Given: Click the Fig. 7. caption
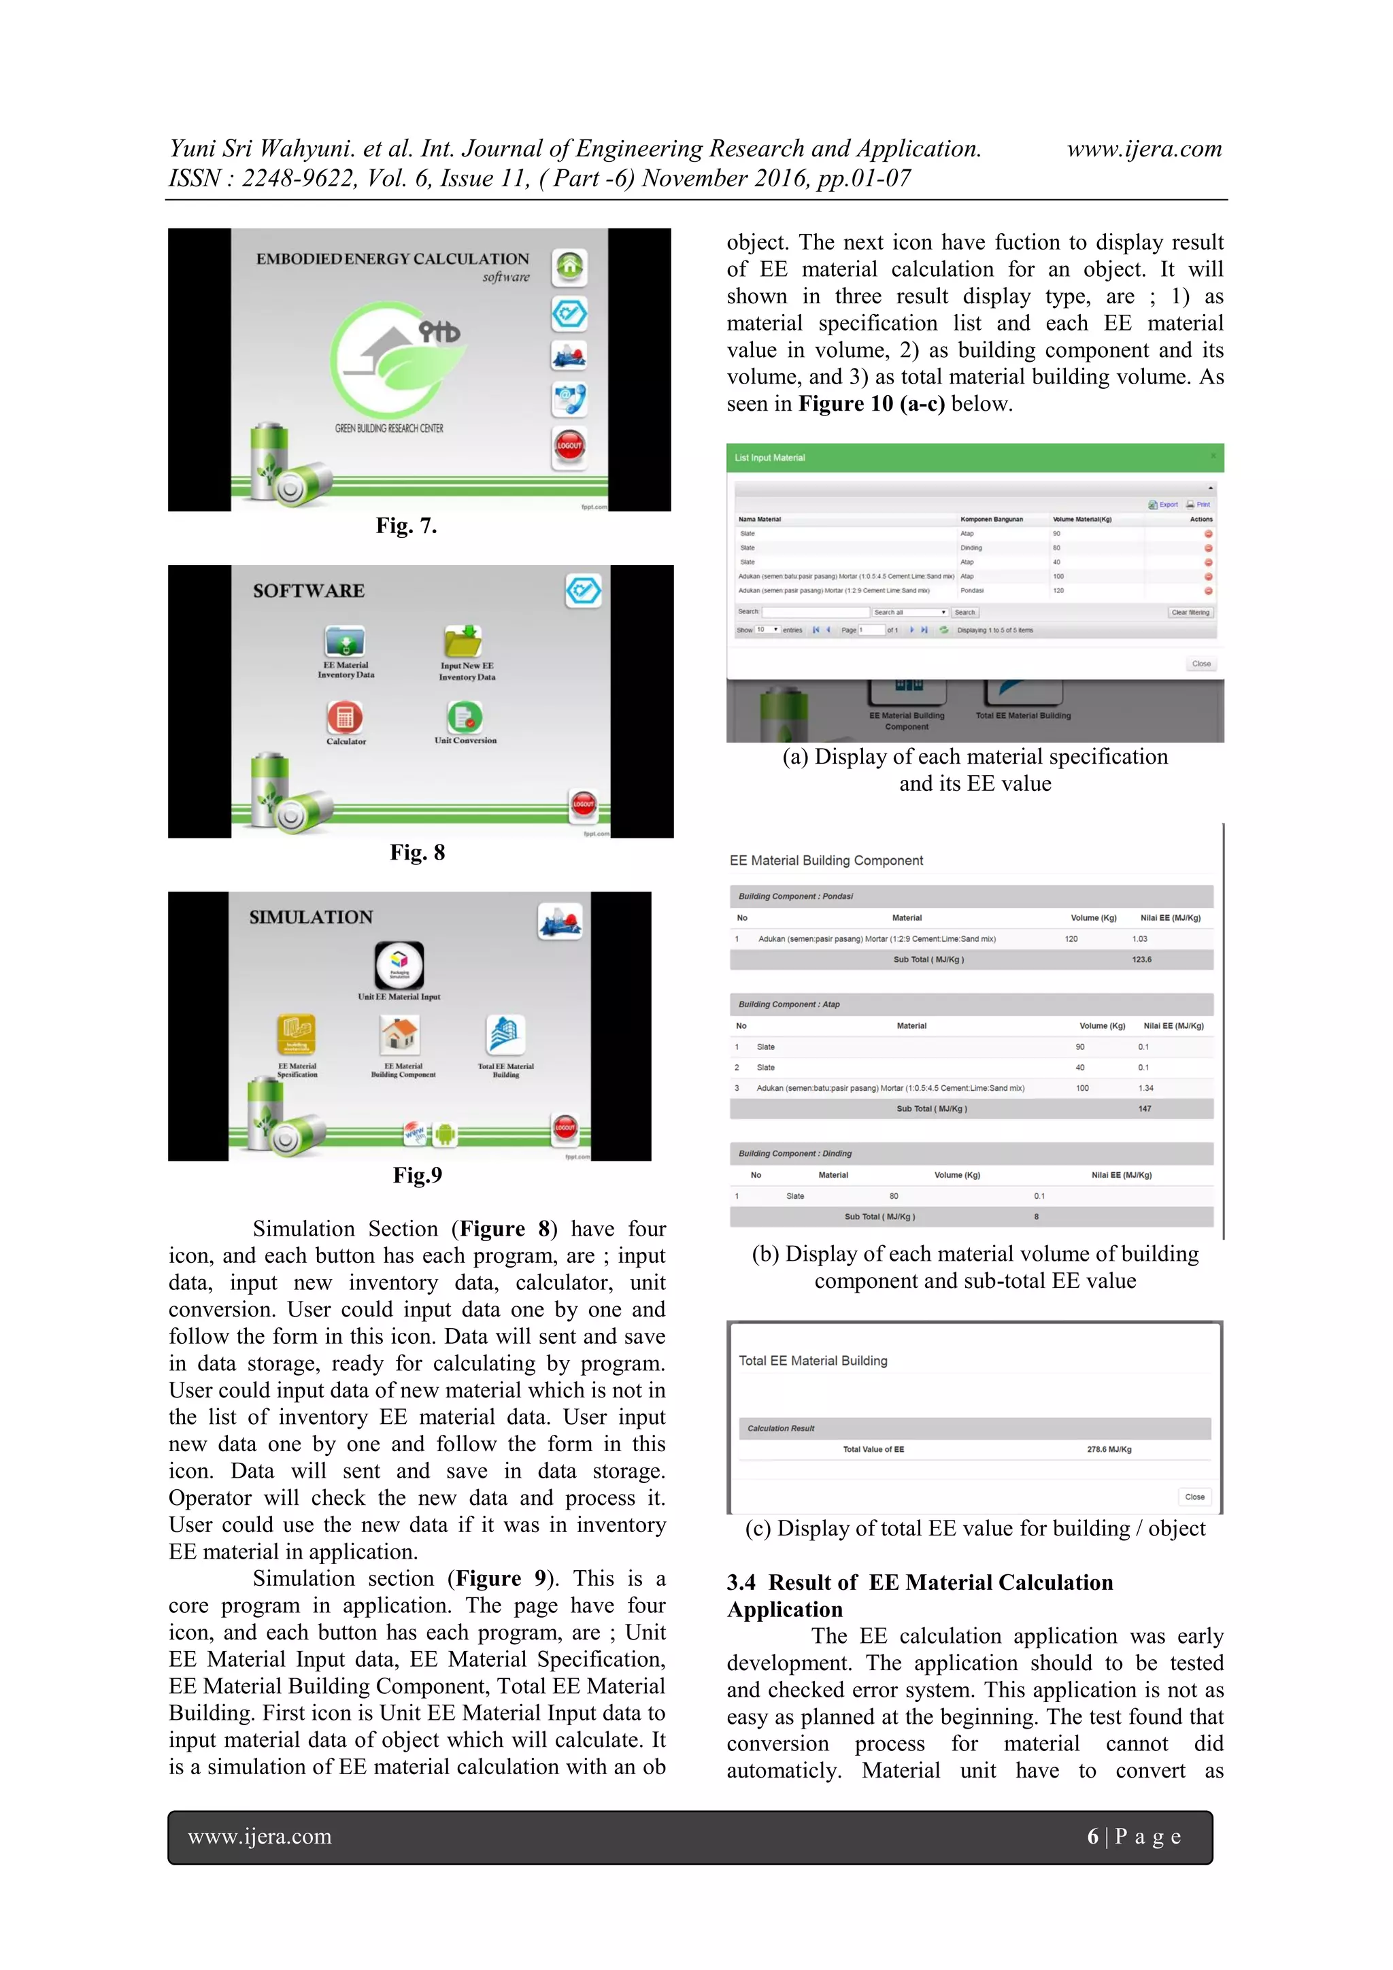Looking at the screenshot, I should [406, 525].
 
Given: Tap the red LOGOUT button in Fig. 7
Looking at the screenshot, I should [569, 445].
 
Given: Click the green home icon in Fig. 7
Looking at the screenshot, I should [569, 266].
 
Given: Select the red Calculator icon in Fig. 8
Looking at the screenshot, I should [344, 717].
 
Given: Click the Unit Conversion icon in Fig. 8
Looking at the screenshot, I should [465, 717].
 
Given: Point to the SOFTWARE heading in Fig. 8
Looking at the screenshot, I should [308, 590].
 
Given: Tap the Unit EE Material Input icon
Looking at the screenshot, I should [399, 964].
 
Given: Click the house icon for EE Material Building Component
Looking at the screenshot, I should [400, 1035].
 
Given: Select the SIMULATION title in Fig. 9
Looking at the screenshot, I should [311, 917].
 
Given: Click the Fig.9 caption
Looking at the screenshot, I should [417, 1174].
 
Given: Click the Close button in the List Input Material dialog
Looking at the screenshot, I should [1201, 663].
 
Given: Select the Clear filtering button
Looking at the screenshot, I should [1190, 612].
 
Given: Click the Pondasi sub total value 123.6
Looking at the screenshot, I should [1141, 959].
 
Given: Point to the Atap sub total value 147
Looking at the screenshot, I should [1144, 1108].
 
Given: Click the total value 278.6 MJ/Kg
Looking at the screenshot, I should [1109, 1449].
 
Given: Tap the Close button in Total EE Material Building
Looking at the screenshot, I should [1194, 1497].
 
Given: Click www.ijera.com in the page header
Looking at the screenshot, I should [1144, 150].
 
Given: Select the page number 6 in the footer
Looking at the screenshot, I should [1092, 1836].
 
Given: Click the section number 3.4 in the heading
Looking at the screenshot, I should [741, 1582].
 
